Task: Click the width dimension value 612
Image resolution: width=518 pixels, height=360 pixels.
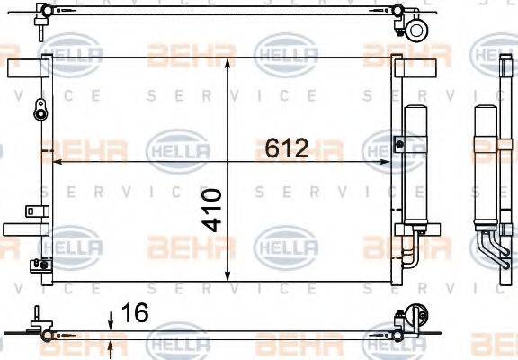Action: tap(287, 148)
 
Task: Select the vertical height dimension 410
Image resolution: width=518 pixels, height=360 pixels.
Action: tap(212, 210)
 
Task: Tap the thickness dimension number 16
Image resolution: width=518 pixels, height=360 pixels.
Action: tap(134, 313)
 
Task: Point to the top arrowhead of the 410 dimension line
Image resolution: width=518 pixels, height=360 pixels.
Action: tap(228, 63)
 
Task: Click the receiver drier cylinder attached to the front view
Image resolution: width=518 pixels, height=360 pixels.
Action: tap(416, 171)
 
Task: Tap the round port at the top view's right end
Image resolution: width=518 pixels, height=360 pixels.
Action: tap(416, 30)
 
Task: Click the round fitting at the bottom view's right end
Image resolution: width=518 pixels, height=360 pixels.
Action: tap(415, 316)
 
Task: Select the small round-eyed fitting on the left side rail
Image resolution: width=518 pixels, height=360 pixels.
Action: tap(39, 113)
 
